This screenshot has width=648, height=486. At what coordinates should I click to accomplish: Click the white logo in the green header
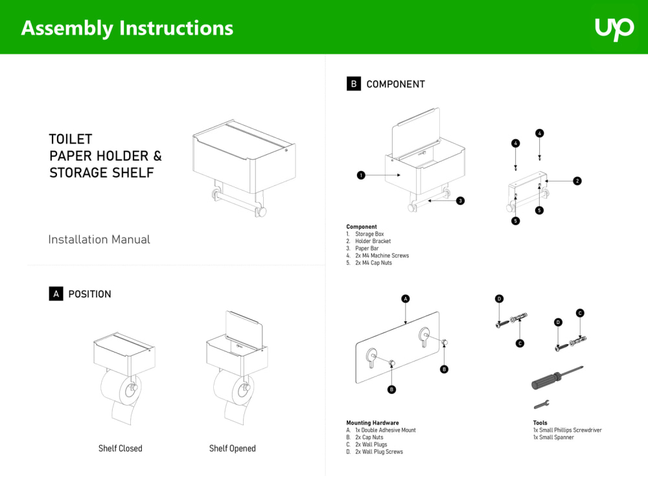tap(614, 29)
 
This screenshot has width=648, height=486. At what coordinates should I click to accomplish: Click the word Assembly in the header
tap(67, 29)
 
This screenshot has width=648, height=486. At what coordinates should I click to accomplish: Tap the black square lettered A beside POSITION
tap(56, 294)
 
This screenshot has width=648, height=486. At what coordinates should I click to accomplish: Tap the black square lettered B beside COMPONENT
tap(353, 84)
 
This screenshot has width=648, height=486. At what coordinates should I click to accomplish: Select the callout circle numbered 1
tap(361, 175)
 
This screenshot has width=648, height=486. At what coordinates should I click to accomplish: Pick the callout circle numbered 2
tap(577, 181)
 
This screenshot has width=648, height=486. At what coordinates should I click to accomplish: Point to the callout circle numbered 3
tap(460, 201)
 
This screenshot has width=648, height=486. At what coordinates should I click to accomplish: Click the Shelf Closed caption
tap(121, 448)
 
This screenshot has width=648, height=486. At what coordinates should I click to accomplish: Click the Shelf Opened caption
tap(232, 448)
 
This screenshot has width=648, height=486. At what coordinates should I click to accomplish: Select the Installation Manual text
tap(99, 239)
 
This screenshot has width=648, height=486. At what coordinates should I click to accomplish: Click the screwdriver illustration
tap(557, 378)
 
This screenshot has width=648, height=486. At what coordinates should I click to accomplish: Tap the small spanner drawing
tap(541, 404)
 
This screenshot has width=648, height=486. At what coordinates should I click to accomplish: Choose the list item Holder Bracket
tap(373, 241)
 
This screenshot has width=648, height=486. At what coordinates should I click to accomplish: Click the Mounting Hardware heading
tap(373, 422)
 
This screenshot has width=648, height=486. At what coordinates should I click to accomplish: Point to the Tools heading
tap(540, 422)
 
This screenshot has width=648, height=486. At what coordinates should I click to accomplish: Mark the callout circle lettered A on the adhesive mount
tap(406, 299)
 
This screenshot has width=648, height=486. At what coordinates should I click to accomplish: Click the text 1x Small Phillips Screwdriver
tap(567, 430)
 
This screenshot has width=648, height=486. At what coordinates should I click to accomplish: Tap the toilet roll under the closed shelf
tap(121, 395)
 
